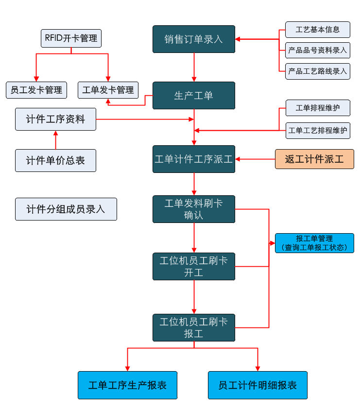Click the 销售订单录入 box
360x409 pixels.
pyautogui.click(x=193, y=39)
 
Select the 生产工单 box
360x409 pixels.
pyautogui.click(x=193, y=95)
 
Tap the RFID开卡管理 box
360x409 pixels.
pyautogui.click(x=71, y=38)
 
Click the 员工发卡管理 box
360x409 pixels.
pyautogui.click(x=36, y=90)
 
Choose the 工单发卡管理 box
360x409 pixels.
pyautogui.click(x=108, y=90)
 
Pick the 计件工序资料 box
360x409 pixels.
pyautogui.click(x=55, y=119)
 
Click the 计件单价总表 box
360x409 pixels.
pyautogui.click(x=55, y=160)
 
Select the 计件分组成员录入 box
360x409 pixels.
pyautogui.click(x=66, y=209)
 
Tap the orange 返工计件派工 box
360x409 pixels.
pyautogui.click(x=314, y=159)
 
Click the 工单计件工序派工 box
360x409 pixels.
pyautogui.click(x=193, y=159)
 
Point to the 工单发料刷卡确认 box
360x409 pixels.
pyautogui.click(x=193, y=209)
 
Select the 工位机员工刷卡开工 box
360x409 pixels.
pyautogui.click(x=193, y=266)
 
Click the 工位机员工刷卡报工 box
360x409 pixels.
pyautogui.click(x=193, y=327)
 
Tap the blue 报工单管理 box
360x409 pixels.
pyautogui.click(x=314, y=243)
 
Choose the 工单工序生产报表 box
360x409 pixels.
pyautogui.click(x=127, y=385)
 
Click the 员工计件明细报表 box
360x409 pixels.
pyautogui.click(x=257, y=385)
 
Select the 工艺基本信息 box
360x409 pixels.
pyautogui.click(x=317, y=29)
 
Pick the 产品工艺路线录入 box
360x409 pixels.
pyautogui.click(x=317, y=71)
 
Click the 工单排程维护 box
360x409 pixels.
pyautogui.click(x=317, y=108)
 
